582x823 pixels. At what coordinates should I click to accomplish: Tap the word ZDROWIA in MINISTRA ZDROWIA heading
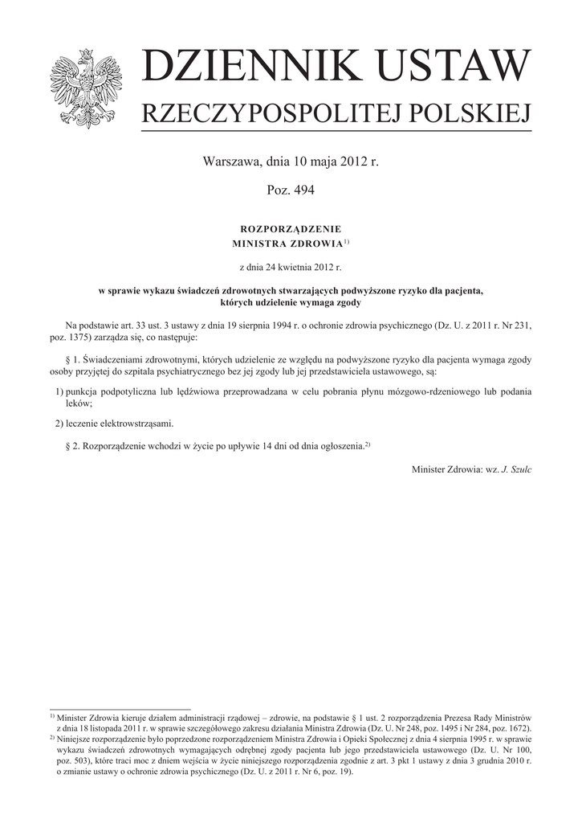315,243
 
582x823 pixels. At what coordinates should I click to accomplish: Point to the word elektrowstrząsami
128,423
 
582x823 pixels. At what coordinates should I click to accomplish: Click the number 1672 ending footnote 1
515,727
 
